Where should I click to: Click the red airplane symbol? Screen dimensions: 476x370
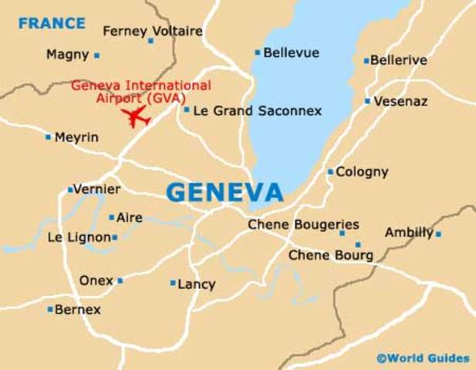(137, 116)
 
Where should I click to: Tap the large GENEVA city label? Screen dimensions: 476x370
(224, 192)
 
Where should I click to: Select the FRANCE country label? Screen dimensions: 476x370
(52, 23)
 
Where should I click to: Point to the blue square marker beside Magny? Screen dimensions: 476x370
(97, 55)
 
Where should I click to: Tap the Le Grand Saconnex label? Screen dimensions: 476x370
(257, 111)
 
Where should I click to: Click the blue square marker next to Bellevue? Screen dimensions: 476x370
(258, 52)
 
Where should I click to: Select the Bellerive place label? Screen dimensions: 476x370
(399, 60)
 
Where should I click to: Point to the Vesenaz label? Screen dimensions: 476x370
(400, 101)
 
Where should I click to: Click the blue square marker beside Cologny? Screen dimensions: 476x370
(330, 172)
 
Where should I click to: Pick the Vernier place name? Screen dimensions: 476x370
(96, 189)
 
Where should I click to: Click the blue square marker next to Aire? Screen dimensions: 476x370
(112, 217)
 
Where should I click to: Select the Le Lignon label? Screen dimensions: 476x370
(79, 237)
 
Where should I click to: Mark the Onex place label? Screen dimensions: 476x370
(96, 281)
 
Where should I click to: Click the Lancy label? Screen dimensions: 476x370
(196, 284)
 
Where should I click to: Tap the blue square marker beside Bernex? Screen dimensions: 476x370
(51, 310)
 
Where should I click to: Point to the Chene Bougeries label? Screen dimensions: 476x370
(303, 224)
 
